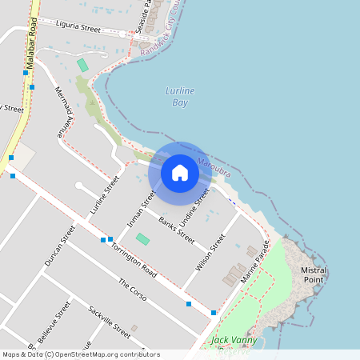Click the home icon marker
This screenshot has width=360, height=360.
click(180, 172)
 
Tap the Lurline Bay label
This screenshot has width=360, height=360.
click(180, 96)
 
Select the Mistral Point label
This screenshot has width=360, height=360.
click(313, 274)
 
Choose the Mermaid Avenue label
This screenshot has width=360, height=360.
click(63, 113)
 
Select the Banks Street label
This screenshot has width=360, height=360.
click(176, 230)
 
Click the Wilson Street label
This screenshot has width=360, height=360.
click(215, 251)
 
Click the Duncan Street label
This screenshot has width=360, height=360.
click(60, 245)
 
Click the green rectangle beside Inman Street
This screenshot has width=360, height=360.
click(142, 238)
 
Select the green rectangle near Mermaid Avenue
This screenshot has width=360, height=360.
click(82, 64)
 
